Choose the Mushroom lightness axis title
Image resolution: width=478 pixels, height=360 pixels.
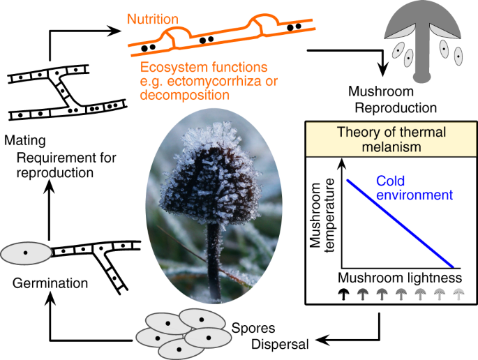(401, 276)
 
